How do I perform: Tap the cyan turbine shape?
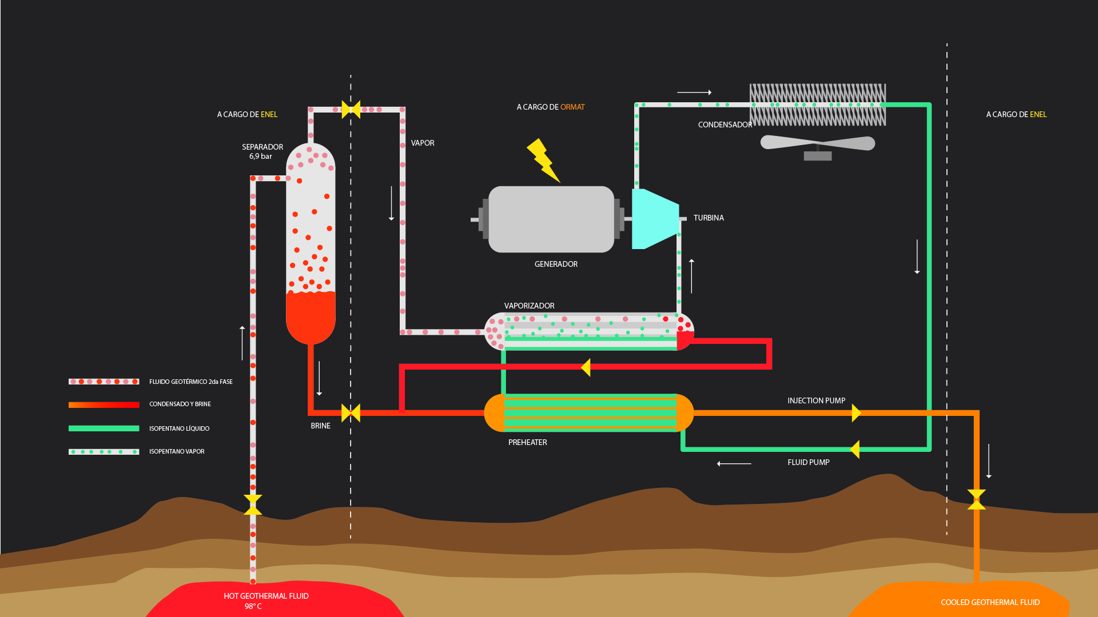(653, 219)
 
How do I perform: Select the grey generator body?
(551, 219)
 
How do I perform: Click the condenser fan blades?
(817, 143)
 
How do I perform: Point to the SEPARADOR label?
(262, 147)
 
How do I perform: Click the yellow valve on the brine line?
(351, 412)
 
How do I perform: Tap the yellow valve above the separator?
(351, 109)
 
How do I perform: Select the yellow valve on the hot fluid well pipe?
(253, 504)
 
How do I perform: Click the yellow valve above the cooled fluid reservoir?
(976, 499)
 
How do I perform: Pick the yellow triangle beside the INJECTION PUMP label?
(856, 412)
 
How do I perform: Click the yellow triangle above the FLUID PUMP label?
(855, 449)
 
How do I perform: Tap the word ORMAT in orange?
(572, 107)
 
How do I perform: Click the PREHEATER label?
(527, 442)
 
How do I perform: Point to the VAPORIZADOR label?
(529, 306)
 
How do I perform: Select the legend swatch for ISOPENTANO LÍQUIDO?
(104, 428)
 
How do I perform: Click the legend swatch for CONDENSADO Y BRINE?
(104, 404)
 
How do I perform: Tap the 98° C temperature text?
(253, 606)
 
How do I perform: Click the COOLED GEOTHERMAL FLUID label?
(990, 602)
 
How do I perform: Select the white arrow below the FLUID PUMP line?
(734, 463)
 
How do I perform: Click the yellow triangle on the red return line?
(586, 367)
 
